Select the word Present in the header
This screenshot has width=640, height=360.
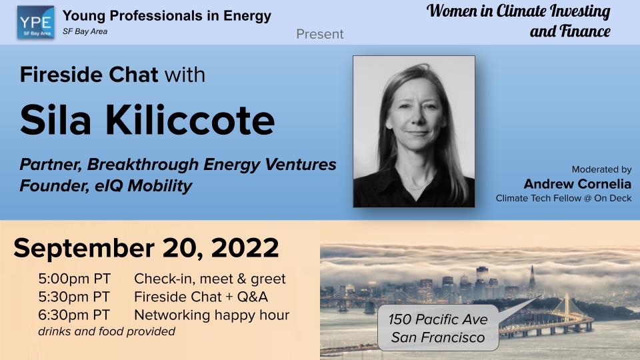click(320, 33)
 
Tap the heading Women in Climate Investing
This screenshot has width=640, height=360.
click(519, 11)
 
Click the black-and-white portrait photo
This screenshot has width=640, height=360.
click(413, 131)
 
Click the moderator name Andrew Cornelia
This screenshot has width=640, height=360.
click(577, 183)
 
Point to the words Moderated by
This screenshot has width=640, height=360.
click(601, 169)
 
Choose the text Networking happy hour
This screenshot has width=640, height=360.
click(211, 315)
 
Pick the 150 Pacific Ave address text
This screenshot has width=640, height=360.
click(438, 320)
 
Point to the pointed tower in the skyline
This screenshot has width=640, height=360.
click(532, 276)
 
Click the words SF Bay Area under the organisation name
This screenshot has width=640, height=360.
click(85, 31)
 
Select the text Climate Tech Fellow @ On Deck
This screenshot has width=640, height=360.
click(563, 198)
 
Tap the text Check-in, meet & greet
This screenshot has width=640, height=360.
click(209, 279)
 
